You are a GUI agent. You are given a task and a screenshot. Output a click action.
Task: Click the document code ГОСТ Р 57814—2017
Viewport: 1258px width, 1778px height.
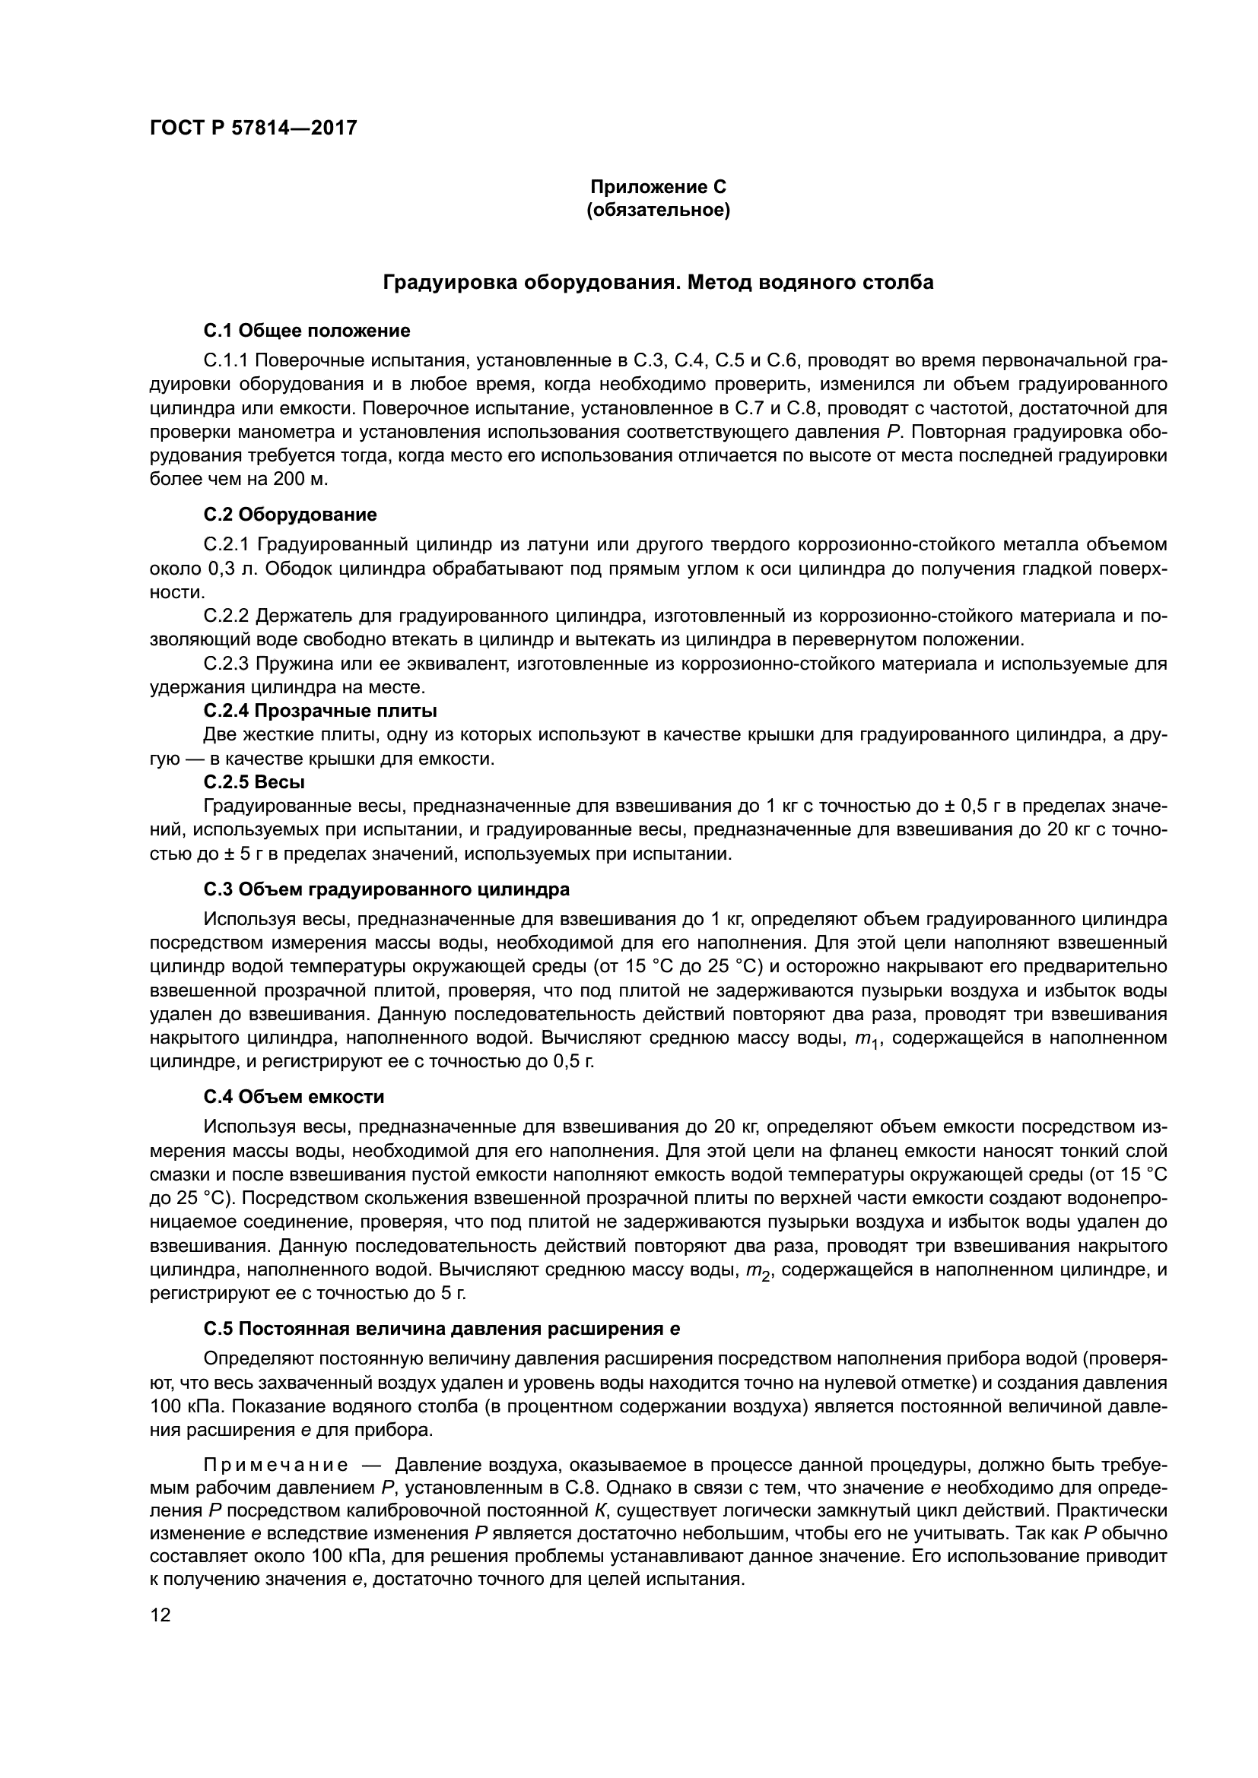(x=253, y=128)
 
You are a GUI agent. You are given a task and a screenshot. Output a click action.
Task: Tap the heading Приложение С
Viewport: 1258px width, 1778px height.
(x=658, y=187)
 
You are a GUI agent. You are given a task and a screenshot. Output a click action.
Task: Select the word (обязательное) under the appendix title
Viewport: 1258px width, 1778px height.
(x=658, y=211)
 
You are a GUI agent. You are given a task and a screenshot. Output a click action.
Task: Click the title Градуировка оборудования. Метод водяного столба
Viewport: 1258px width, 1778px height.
(x=658, y=283)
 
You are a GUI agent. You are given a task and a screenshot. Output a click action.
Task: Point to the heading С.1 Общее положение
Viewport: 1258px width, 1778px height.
(x=307, y=331)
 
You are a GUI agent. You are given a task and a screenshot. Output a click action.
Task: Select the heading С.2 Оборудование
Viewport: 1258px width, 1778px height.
(x=291, y=515)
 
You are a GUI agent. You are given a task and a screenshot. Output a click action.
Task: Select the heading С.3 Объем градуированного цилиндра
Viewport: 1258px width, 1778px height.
(x=386, y=889)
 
